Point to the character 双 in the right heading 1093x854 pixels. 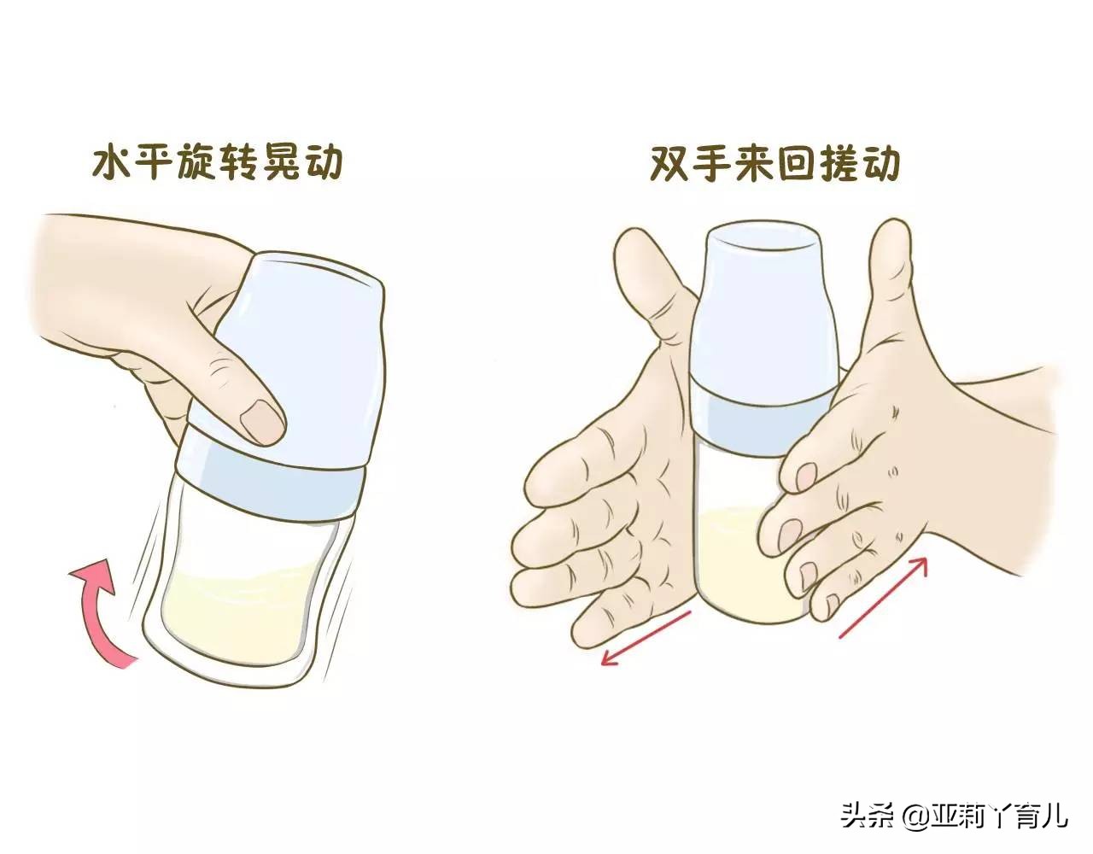[x=670, y=162]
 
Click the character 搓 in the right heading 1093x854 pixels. [x=838, y=162]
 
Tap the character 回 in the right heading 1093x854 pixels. [x=796, y=162]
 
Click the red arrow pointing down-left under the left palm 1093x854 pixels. [x=647, y=638]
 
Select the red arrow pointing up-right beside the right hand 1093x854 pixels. [x=883, y=598]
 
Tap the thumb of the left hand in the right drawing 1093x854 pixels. [x=654, y=282]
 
